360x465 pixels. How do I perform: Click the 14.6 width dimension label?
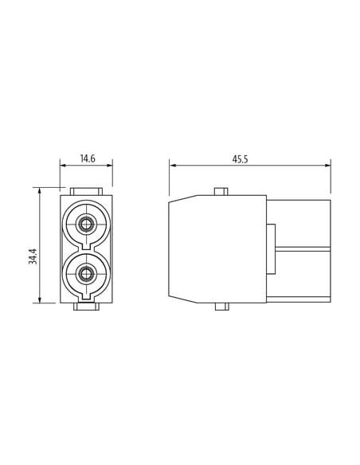88,158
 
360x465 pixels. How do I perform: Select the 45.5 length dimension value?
240,159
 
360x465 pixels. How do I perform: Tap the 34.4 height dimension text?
33,256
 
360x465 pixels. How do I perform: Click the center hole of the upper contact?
86,225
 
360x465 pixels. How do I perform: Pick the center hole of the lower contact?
86,273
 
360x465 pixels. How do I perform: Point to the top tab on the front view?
86,191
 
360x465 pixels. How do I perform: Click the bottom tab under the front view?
86,307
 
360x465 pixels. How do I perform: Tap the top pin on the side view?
221,192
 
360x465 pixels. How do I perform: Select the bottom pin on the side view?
221,307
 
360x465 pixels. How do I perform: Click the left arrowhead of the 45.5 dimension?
172,166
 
